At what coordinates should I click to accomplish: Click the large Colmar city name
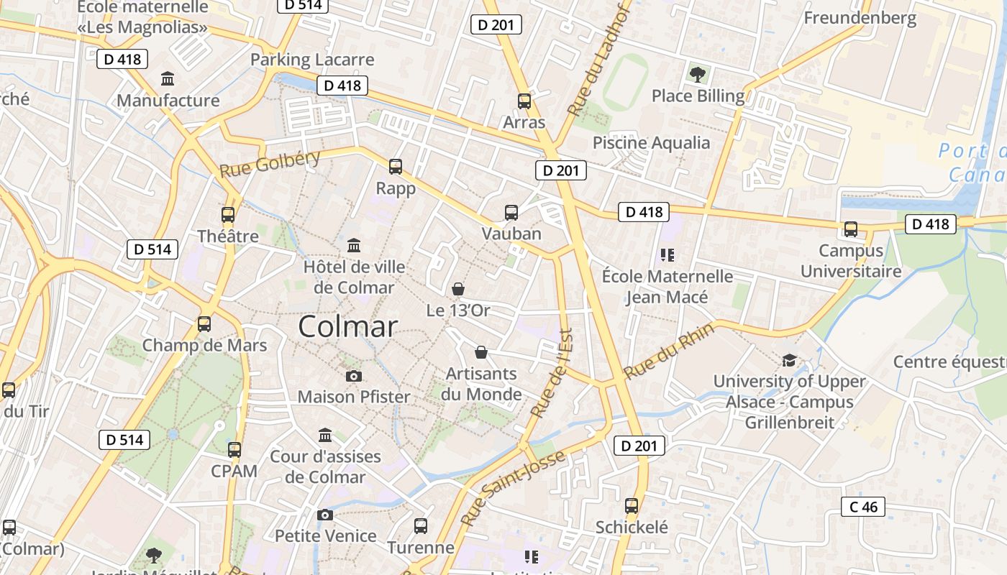point(347,327)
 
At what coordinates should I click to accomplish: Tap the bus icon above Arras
point(524,101)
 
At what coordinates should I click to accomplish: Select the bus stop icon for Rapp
point(396,167)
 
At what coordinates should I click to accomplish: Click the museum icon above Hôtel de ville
point(354,246)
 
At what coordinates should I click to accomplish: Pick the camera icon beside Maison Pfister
point(353,376)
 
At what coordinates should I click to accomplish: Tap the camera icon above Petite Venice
point(325,515)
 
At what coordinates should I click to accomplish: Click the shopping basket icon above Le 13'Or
point(458,289)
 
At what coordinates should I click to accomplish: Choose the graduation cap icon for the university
point(789,360)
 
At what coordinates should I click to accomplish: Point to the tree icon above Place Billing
point(697,73)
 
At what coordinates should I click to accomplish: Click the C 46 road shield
point(863,507)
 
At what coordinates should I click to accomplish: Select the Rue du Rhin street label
point(669,351)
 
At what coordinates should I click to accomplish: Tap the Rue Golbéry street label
point(270,165)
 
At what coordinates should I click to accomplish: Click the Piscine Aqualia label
point(651,142)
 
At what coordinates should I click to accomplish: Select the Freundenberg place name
point(860,18)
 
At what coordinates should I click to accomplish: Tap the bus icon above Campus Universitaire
point(851,229)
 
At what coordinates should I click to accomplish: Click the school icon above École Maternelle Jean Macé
point(667,255)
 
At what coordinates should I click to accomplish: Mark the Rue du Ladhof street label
point(599,63)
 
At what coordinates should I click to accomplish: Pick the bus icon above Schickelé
point(632,506)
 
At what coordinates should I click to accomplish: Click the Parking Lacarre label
point(312,60)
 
